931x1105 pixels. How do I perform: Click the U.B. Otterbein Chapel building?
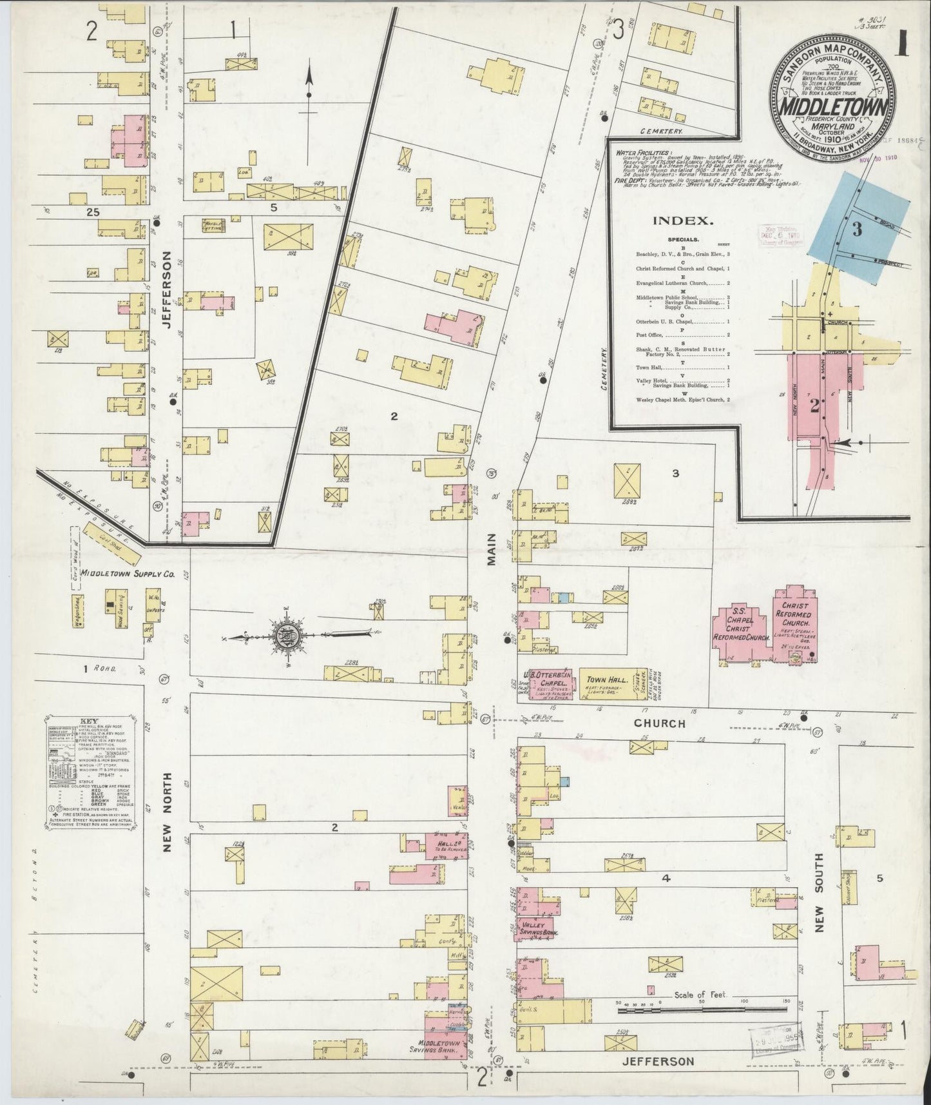(x=552, y=683)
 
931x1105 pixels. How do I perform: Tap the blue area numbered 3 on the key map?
(x=855, y=229)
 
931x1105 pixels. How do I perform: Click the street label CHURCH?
(x=659, y=723)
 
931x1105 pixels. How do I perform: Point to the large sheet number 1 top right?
(x=901, y=43)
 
